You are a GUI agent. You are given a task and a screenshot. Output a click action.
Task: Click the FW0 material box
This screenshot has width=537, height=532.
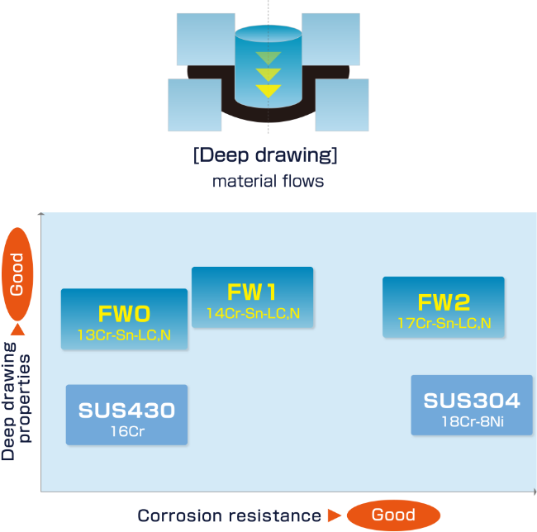click(124, 320)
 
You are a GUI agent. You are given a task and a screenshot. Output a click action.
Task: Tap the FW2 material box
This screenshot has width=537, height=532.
click(443, 306)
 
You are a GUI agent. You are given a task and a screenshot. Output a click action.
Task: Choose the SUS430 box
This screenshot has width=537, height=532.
click(126, 416)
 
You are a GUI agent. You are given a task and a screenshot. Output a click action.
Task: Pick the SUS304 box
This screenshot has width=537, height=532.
click(472, 405)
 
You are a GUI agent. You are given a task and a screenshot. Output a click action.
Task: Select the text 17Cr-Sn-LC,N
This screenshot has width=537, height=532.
click(444, 322)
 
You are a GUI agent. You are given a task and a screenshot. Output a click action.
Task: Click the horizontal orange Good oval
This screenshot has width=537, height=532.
click(393, 515)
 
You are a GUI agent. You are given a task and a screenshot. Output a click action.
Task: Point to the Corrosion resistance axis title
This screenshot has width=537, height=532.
click(229, 516)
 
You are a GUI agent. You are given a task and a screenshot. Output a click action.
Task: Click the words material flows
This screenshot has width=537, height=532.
click(268, 180)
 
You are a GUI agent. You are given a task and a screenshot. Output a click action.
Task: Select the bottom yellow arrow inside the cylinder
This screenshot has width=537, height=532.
click(268, 91)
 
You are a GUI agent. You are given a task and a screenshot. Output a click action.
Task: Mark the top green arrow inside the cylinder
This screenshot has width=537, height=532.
click(268, 58)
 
